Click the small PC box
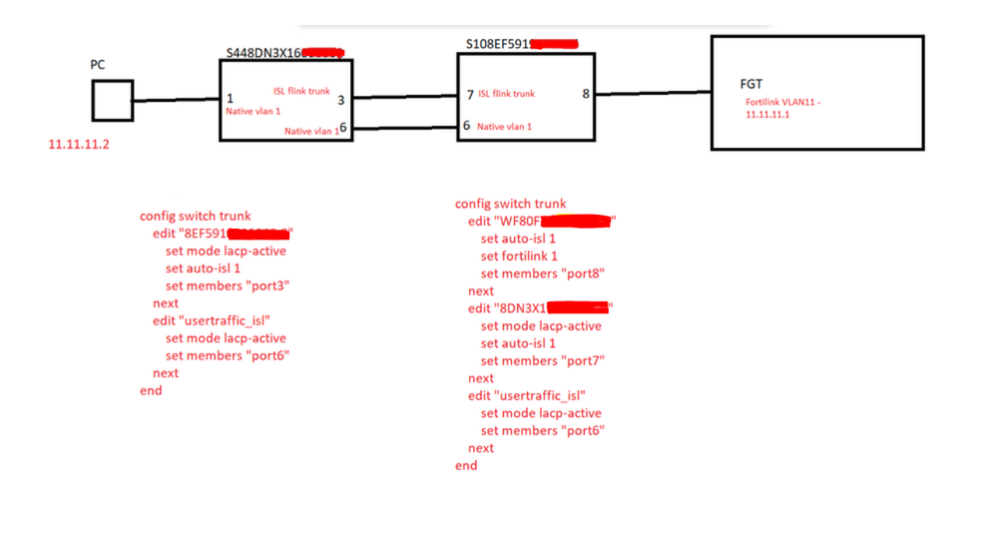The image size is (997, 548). (x=113, y=101)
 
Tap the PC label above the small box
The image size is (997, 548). (x=98, y=65)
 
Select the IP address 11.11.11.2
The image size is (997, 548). (x=79, y=145)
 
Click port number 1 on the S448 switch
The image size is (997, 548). (x=230, y=99)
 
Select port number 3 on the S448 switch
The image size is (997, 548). (x=340, y=99)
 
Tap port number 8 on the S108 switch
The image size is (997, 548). (x=586, y=94)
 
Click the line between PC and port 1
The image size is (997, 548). (x=176, y=100)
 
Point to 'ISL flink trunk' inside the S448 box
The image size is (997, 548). (x=301, y=91)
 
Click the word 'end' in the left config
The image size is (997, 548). (x=151, y=390)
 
